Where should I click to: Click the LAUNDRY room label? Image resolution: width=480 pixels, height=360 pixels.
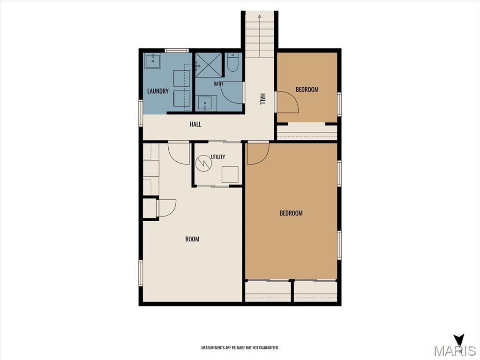(157, 91)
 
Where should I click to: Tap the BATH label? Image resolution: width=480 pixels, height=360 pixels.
(218, 83)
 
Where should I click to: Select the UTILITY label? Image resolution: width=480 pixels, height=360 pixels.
(218, 157)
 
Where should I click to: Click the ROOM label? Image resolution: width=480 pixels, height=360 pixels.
(192, 239)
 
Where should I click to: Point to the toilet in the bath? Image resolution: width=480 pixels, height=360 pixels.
(233, 62)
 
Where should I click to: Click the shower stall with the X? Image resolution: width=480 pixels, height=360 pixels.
(209, 65)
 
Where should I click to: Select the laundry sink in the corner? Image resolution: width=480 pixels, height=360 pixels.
(152, 61)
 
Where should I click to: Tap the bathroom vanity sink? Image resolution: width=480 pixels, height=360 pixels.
(206, 103)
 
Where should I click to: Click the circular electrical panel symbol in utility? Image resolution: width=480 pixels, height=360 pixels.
(204, 163)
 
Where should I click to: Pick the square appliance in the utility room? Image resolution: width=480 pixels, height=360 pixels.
(230, 174)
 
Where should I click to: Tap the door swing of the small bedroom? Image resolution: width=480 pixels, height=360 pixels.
(287, 102)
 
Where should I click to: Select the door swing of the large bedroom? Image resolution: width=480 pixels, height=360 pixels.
(258, 154)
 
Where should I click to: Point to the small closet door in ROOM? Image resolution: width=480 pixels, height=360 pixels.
(166, 209)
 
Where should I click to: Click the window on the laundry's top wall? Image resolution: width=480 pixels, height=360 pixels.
(177, 51)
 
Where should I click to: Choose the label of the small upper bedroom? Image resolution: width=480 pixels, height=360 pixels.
(307, 90)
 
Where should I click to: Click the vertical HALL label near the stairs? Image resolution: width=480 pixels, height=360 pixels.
(262, 99)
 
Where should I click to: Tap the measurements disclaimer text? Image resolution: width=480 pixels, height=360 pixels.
(240, 348)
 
